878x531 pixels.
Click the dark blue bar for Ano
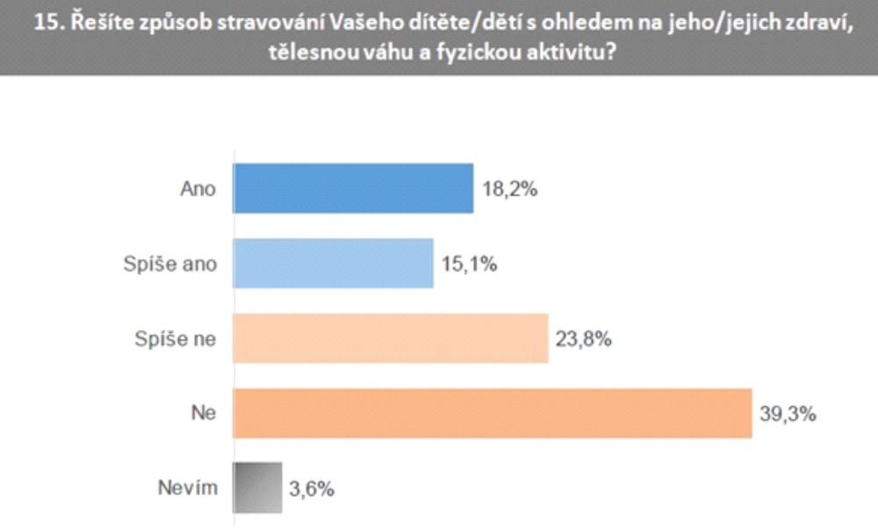coord(353,188)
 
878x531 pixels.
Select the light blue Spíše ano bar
coord(333,262)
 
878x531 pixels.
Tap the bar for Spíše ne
coord(390,337)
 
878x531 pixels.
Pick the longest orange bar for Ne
coord(493,412)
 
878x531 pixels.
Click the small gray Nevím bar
coord(257,486)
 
